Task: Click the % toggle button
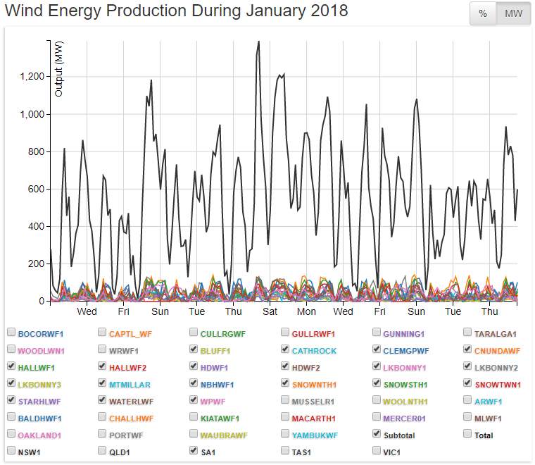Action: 483,14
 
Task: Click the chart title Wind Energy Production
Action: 176,11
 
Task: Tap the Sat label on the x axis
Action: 270,311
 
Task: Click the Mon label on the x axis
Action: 306,311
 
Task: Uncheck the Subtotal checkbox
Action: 377,435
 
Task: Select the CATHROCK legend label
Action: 314,350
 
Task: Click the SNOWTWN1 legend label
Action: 498,384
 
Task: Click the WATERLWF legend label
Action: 132,402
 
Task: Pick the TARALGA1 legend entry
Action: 496,333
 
